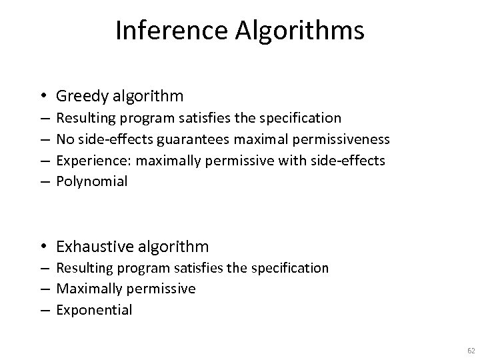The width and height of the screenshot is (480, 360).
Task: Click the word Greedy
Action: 82,97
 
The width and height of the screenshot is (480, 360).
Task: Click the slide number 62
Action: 471,350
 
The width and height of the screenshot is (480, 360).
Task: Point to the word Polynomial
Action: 91,181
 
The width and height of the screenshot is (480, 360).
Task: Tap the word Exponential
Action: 94,310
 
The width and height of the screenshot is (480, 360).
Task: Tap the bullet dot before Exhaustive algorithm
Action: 43,247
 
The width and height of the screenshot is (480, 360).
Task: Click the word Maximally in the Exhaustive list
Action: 89,289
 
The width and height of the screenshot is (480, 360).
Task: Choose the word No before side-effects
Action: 65,139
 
